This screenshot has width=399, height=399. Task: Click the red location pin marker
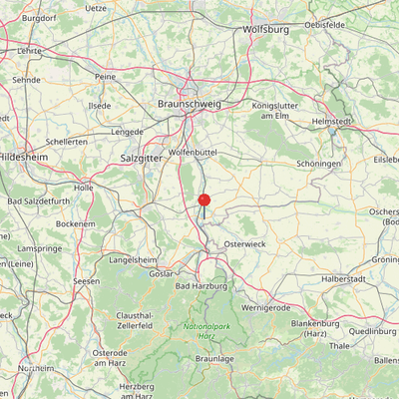point(203,201)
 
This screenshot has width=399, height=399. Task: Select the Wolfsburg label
point(265,30)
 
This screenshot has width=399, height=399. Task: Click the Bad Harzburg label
point(197,286)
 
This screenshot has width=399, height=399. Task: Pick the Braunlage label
point(213,358)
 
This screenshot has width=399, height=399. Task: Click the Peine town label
point(106,76)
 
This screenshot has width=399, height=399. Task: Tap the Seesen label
point(87,282)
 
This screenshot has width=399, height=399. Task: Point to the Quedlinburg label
point(373,332)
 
